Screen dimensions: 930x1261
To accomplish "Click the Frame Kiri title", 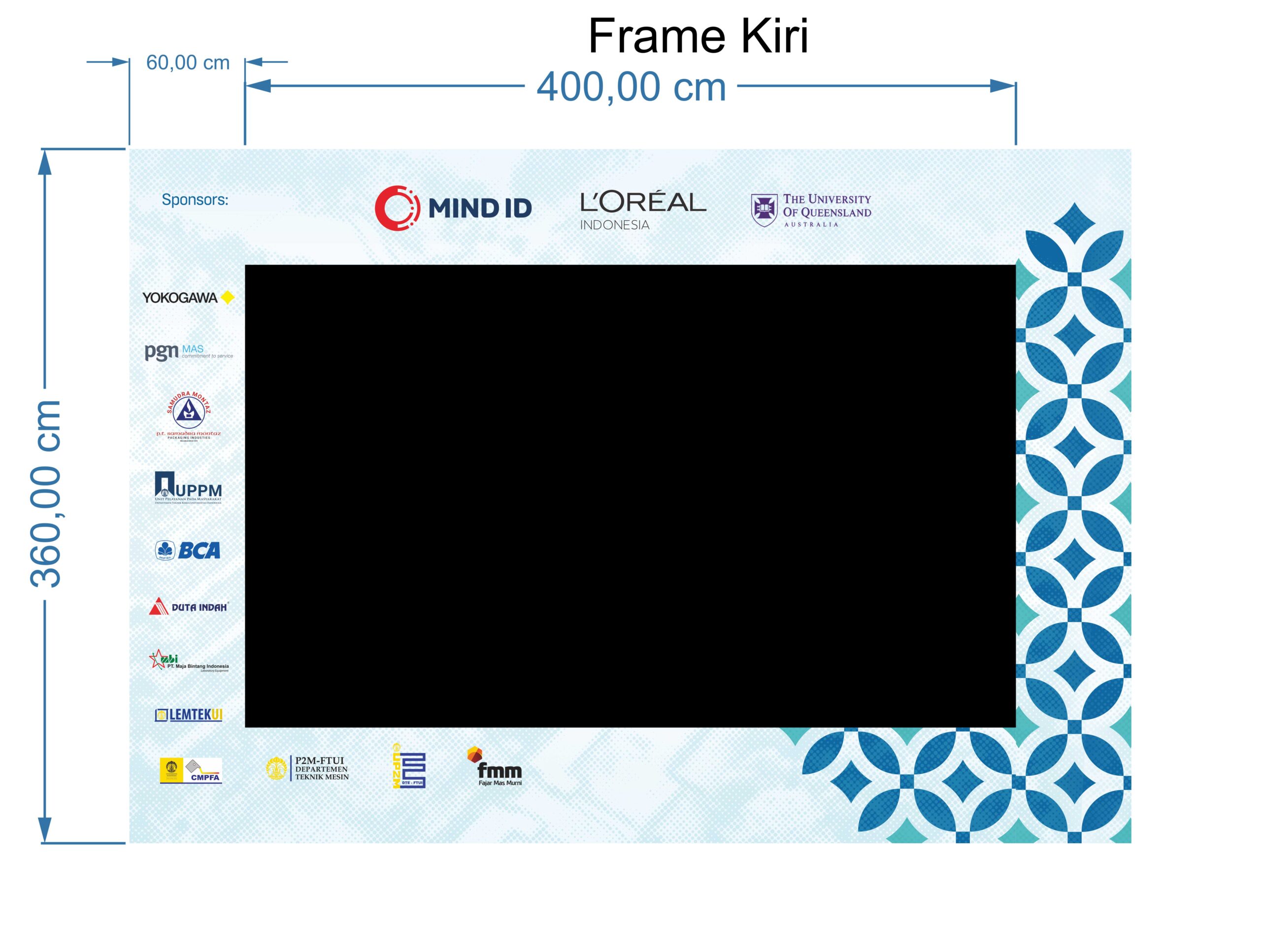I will point(698,36).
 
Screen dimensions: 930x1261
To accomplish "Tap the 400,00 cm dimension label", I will point(631,87).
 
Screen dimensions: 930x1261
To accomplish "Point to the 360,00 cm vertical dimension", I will point(46,494).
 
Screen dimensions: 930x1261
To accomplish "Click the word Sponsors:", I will point(195,200).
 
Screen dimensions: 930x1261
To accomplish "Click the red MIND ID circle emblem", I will point(397,207).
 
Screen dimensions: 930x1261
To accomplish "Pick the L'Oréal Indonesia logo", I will point(643,210).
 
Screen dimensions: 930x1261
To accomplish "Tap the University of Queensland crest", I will point(763,210).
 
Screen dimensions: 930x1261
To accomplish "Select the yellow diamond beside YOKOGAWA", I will point(228,297).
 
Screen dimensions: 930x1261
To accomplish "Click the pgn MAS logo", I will point(189,352).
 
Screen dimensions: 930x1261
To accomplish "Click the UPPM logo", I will point(188,487).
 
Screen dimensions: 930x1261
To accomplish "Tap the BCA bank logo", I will point(188,550).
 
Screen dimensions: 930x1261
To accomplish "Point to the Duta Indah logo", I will point(189,606).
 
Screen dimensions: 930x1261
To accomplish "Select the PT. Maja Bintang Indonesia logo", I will point(189,661).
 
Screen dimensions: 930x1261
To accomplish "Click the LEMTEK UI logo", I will point(189,715).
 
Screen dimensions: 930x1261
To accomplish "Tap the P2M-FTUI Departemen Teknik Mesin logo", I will point(307,768).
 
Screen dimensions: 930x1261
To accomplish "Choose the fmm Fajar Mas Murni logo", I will point(495,767).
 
